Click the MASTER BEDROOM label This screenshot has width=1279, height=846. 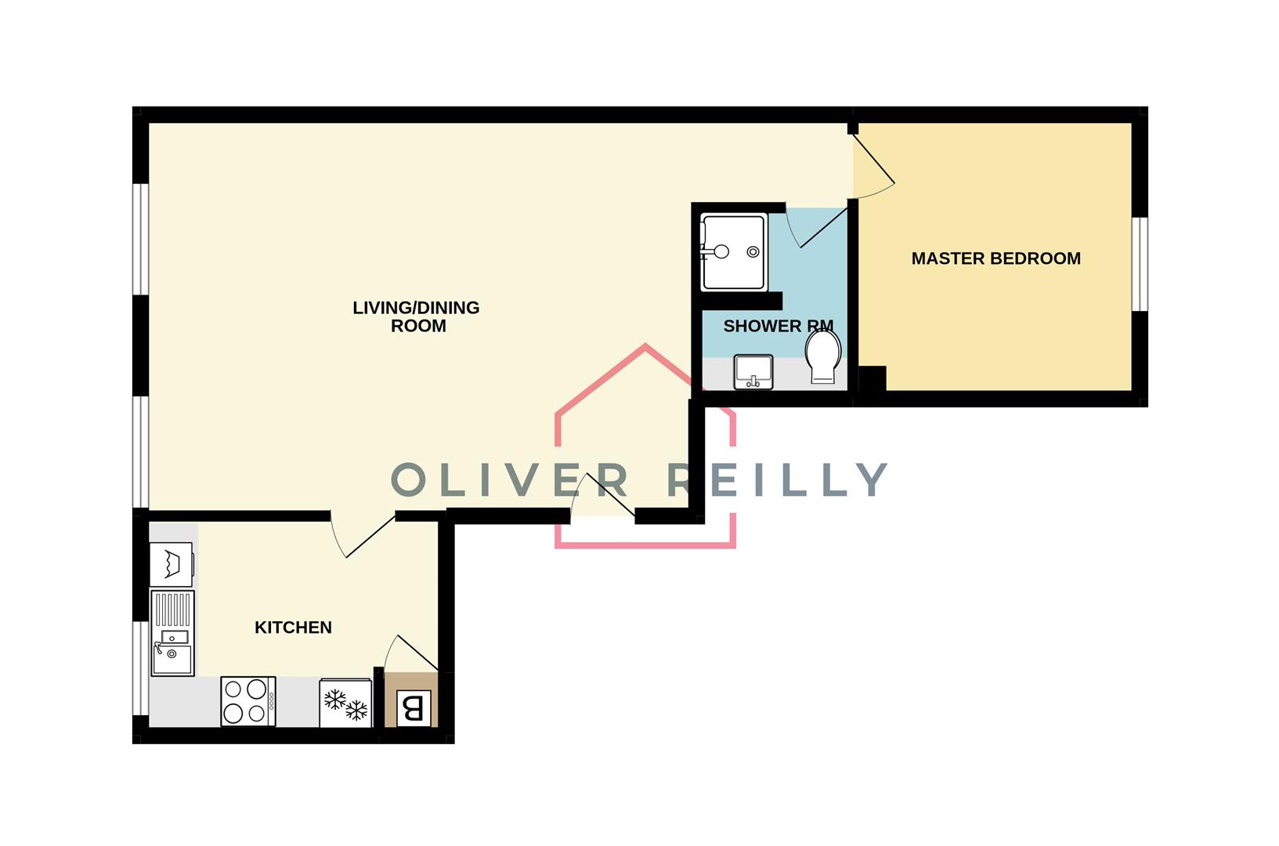(995, 258)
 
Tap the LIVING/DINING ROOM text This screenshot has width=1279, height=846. (416, 316)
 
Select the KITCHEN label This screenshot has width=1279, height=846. (293, 627)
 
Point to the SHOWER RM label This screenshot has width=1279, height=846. (777, 326)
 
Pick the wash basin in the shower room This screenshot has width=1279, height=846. (753, 371)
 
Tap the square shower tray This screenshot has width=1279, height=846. (733, 251)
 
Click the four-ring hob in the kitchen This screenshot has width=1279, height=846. (247, 701)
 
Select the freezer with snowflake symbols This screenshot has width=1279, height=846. (345, 703)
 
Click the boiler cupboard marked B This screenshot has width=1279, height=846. (413, 708)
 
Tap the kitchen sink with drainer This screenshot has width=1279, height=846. (172, 633)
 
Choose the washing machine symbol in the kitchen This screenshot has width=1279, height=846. (171, 564)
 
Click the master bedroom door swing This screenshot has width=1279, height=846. (872, 166)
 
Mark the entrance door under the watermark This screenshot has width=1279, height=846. (603, 497)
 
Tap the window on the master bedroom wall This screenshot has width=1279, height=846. (1140, 264)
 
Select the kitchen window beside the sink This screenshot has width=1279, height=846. (140, 667)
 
